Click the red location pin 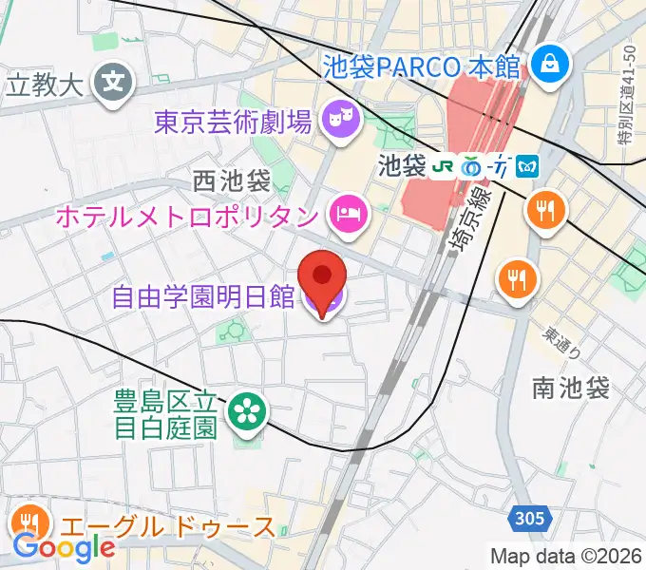click(322, 276)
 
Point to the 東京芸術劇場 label click(233, 122)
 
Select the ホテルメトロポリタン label click(186, 216)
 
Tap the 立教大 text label click(45, 85)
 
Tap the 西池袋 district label click(231, 180)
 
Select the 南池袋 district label click(570, 387)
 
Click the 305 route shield click(533, 519)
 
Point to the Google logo click(64, 547)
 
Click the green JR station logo click(443, 166)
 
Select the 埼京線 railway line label click(467, 220)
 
